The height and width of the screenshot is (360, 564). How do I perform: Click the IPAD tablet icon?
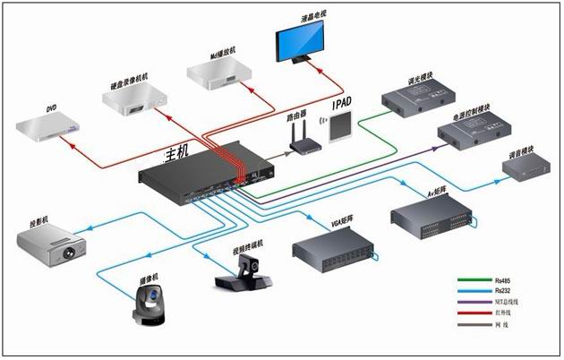tap(340, 127)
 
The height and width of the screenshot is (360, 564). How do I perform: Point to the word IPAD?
tap(344, 105)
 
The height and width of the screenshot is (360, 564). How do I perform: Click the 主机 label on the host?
tap(177, 155)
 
